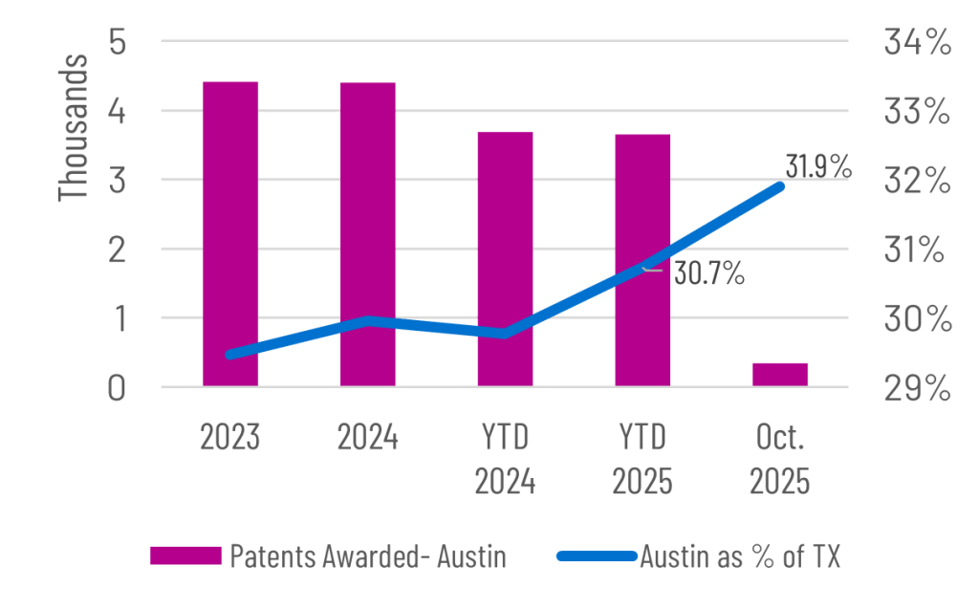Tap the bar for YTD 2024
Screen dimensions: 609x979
[x=506, y=229]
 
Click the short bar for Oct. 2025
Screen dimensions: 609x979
[x=780, y=374]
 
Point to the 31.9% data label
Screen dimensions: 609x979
[x=817, y=166]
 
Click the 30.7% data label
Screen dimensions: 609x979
[x=709, y=273]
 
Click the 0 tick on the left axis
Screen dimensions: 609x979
[x=119, y=389]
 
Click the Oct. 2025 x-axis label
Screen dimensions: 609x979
[x=779, y=460]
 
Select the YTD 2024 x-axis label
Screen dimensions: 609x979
[x=505, y=460]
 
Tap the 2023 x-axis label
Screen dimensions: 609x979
[x=230, y=439]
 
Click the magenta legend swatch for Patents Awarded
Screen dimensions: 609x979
[x=185, y=555]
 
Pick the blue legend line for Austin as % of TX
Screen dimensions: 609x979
[x=594, y=555]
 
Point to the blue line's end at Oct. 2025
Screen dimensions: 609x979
[x=781, y=186]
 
